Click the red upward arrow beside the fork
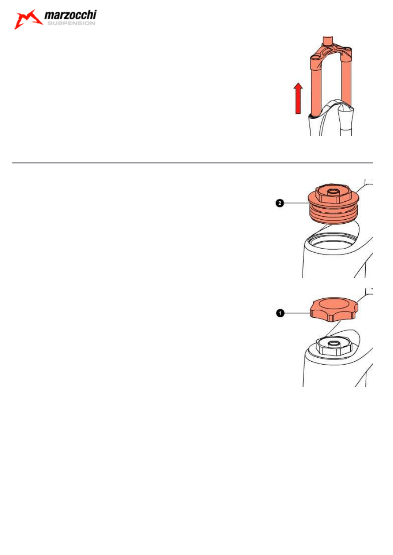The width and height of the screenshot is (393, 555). (298, 98)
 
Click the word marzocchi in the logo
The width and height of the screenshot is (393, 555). (70, 17)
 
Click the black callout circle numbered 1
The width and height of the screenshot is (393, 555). (279, 313)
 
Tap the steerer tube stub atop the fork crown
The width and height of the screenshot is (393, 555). (327, 41)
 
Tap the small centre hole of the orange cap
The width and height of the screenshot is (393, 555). (332, 192)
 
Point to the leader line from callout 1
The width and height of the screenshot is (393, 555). (297, 313)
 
